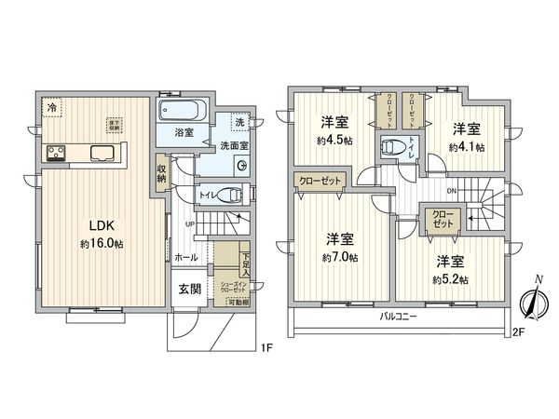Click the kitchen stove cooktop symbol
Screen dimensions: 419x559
[x=54, y=154]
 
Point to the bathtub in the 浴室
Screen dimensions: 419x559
[x=183, y=110]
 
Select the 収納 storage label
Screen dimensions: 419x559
[x=162, y=174]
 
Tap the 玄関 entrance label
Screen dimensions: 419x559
[x=190, y=290]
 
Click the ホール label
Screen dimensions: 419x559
[x=185, y=255]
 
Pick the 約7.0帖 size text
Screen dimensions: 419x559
[x=340, y=256]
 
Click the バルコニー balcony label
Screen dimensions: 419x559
[x=398, y=317]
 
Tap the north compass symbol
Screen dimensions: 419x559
[x=532, y=302]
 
